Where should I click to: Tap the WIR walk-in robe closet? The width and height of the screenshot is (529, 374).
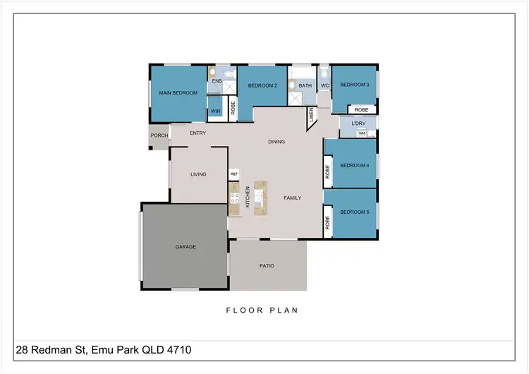pyautogui.click(x=216, y=111)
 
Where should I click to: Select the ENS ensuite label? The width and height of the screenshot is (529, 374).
pyautogui.click(x=217, y=82)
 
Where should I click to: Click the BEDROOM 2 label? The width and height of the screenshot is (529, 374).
pyautogui.click(x=262, y=85)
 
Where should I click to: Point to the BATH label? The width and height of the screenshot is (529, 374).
pyautogui.click(x=305, y=85)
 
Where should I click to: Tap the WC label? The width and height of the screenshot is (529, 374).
pyautogui.click(x=324, y=85)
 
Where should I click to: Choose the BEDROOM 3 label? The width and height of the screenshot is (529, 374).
pyautogui.click(x=354, y=85)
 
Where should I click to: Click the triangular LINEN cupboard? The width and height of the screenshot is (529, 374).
pyautogui.click(x=312, y=116)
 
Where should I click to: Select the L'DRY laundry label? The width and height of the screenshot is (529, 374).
pyautogui.click(x=358, y=123)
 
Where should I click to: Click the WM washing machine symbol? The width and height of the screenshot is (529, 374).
pyautogui.click(x=362, y=133)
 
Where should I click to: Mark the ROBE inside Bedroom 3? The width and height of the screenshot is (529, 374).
pyautogui.click(x=361, y=110)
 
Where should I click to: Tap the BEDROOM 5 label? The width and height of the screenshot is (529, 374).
pyautogui.click(x=354, y=212)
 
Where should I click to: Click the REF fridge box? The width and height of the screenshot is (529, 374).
pyautogui.click(x=233, y=173)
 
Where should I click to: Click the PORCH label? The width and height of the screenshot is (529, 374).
pyautogui.click(x=159, y=135)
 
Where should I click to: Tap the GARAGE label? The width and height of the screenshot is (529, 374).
pyautogui.click(x=186, y=246)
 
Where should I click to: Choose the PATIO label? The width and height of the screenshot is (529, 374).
pyautogui.click(x=267, y=265)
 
